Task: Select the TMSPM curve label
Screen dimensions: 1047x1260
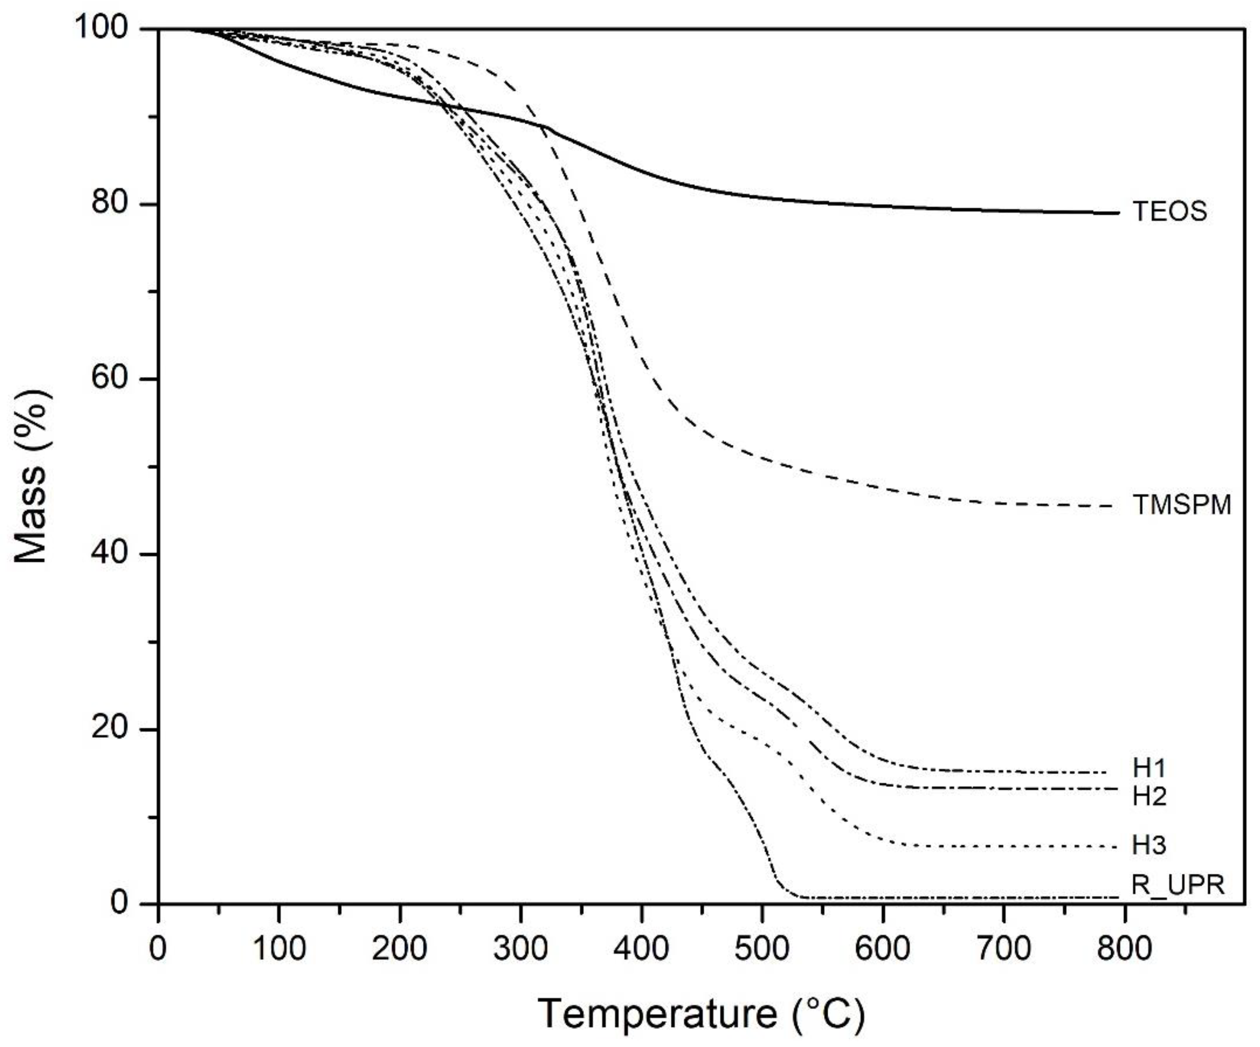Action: (x=1181, y=505)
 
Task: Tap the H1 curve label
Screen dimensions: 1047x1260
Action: (x=1149, y=768)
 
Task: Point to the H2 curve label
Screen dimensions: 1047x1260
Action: (x=1149, y=796)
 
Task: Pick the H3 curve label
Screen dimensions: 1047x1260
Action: (x=1149, y=845)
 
